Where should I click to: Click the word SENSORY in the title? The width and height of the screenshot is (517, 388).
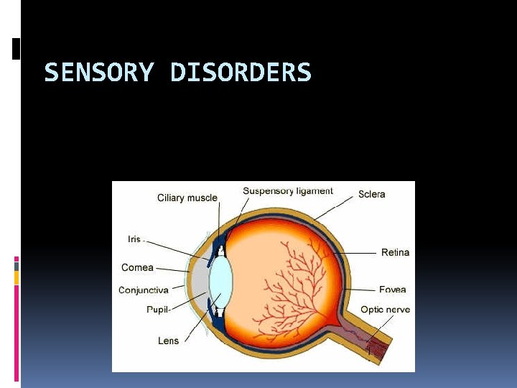[x=98, y=73]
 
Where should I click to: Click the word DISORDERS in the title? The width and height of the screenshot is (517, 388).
[x=241, y=73]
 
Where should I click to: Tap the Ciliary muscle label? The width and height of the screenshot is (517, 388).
[x=187, y=198]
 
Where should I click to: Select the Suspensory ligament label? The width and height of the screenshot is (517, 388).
[x=288, y=191]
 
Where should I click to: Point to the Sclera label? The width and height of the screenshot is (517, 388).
[x=372, y=194]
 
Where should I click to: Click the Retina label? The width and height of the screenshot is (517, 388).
[x=395, y=252]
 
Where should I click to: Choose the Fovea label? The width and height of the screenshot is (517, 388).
[x=393, y=290]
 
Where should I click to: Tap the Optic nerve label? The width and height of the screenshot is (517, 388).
[x=385, y=310]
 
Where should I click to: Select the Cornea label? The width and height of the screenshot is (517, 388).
[x=137, y=267]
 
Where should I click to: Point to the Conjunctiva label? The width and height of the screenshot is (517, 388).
[x=144, y=290]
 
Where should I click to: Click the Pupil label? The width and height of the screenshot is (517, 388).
[x=158, y=310]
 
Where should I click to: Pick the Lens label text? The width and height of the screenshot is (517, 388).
[x=168, y=341]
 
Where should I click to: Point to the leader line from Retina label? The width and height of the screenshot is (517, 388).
[x=355, y=253]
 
